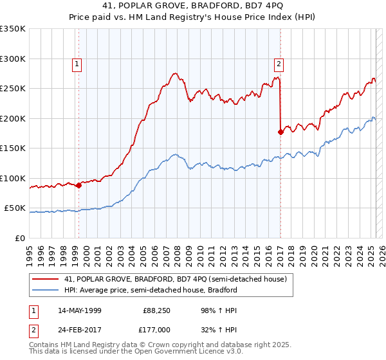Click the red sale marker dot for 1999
click(78, 185)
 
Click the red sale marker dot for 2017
click(280, 132)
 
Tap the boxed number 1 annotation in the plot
click(77, 64)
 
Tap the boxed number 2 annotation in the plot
click(279, 64)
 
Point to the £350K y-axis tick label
click(13, 29)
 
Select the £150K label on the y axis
click(13, 148)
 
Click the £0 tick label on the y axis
click(20, 238)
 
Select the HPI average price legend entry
click(151, 290)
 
